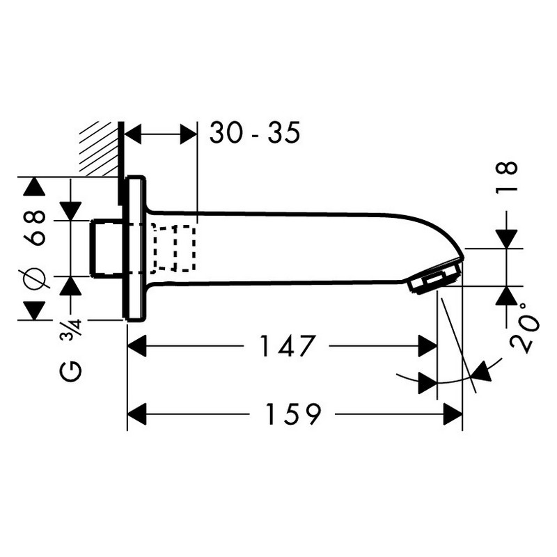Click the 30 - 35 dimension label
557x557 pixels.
point(255,132)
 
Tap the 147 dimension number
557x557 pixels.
point(287,345)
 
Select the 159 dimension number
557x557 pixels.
point(292,414)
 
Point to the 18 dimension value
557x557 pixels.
point(507,178)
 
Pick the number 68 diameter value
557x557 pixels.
point(34,228)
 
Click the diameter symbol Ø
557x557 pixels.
point(34,278)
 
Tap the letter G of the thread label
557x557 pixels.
point(70,372)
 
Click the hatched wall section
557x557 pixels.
point(100,149)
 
